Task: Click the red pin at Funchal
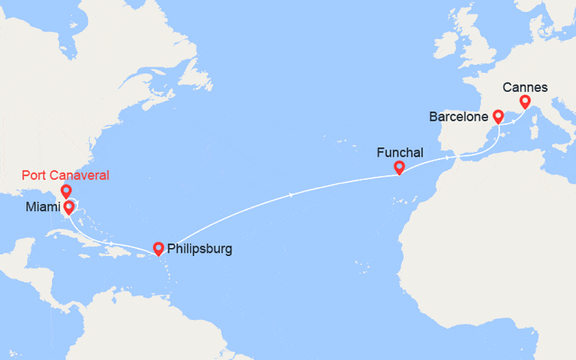(398, 167)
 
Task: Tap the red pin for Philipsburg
(158, 248)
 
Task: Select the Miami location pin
(70, 207)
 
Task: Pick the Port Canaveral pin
(66, 191)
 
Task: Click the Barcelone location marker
(498, 116)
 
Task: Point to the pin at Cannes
(525, 102)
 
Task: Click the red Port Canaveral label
(66, 175)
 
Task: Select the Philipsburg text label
(200, 249)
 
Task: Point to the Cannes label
(525, 86)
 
